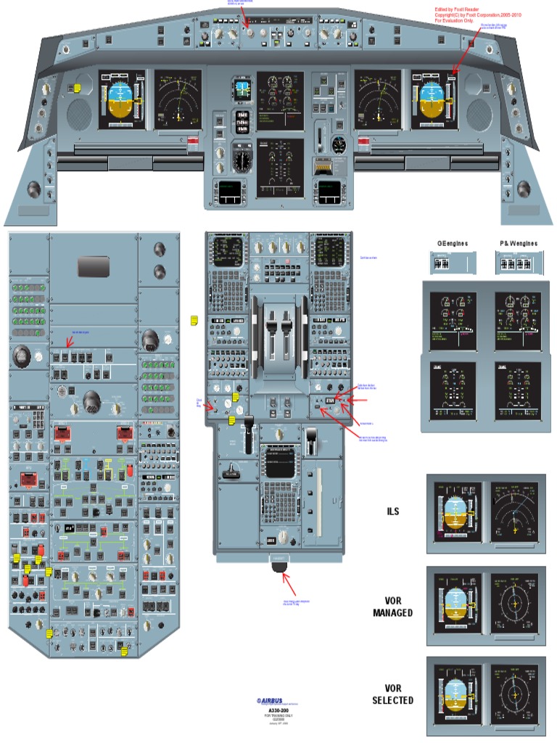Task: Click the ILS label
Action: [392, 512]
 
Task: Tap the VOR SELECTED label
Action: [392, 694]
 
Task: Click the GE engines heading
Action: [452, 244]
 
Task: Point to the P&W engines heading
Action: [519, 244]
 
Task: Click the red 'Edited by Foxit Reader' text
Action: [457, 10]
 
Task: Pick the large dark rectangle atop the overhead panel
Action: [94, 266]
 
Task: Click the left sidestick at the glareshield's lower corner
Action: [34, 190]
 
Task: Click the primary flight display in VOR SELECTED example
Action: [455, 694]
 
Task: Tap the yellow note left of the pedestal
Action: [194, 321]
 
